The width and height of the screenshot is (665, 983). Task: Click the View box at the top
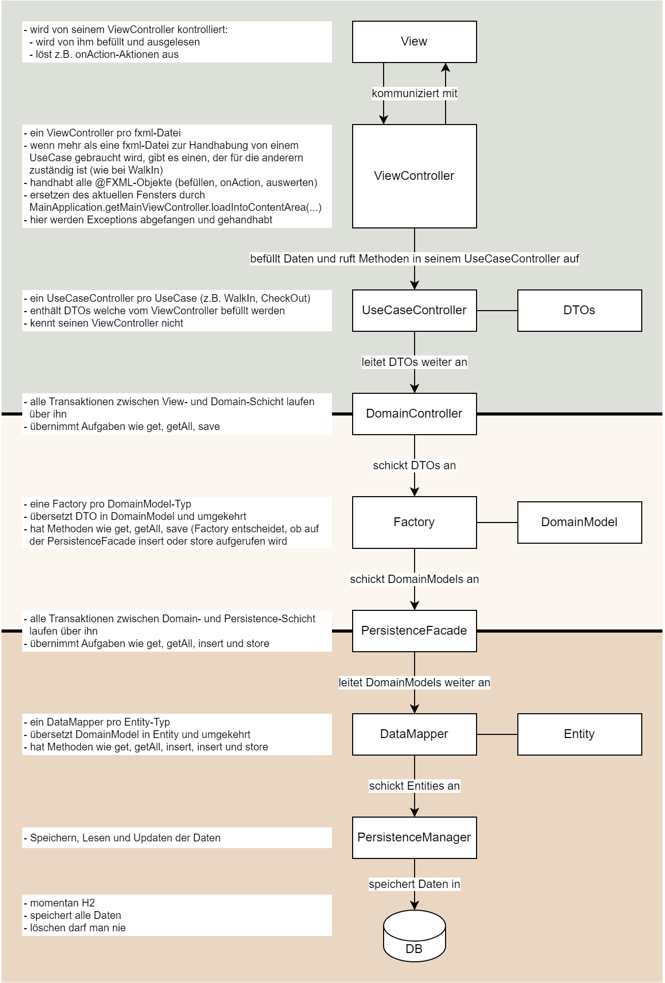pyautogui.click(x=414, y=42)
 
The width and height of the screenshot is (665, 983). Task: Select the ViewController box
pyautogui.click(x=414, y=176)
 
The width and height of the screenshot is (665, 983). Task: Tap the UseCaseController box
pyautogui.click(x=414, y=310)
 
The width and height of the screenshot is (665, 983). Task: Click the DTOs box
pyautogui.click(x=579, y=310)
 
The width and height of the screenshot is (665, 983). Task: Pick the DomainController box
pyautogui.click(x=414, y=413)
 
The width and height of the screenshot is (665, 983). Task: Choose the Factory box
pyautogui.click(x=414, y=522)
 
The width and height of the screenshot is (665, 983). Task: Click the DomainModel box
pyautogui.click(x=579, y=522)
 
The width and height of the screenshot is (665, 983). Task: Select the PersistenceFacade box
pyautogui.click(x=414, y=631)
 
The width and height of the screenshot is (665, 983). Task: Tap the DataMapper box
pyautogui.click(x=414, y=734)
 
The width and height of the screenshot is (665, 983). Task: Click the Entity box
pyautogui.click(x=579, y=734)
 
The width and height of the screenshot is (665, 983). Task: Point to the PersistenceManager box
pyautogui.click(x=414, y=837)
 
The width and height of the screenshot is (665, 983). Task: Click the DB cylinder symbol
pyautogui.click(x=414, y=935)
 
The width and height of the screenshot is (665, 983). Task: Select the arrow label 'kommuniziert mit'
pyautogui.click(x=415, y=94)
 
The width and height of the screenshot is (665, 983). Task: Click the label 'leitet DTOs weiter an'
pyautogui.click(x=415, y=362)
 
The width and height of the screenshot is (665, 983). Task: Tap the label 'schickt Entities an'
pyautogui.click(x=415, y=786)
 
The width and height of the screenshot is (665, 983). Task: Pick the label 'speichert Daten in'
pyautogui.click(x=415, y=884)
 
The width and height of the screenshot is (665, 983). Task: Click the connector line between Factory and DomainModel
pyautogui.click(x=497, y=523)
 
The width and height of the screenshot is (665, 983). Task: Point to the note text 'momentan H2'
pyautogui.click(x=62, y=903)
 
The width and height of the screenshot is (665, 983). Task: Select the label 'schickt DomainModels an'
pyautogui.click(x=415, y=579)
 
